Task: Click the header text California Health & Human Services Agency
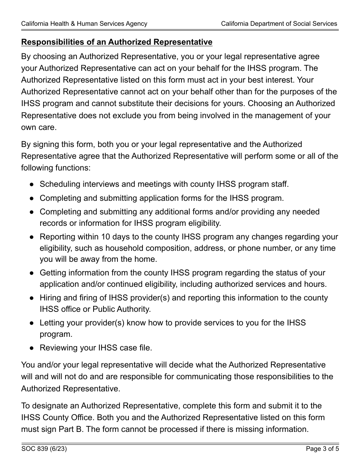(x=84, y=23)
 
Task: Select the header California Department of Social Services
(x=279, y=23)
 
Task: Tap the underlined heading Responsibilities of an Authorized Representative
(x=117, y=42)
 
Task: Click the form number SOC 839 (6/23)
(x=44, y=449)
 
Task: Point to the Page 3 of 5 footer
(x=322, y=449)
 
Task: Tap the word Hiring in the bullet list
(x=50, y=298)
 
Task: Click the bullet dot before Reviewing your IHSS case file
(x=32, y=348)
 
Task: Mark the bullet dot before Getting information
(x=32, y=273)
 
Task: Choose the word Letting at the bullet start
(x=52, y=323)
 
